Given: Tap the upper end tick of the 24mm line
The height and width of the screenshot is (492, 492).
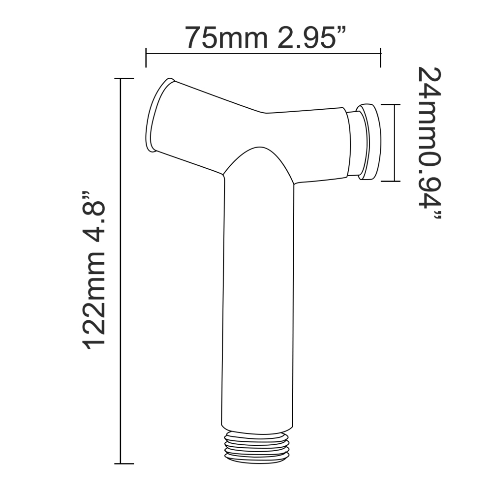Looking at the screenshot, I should click(395, 104).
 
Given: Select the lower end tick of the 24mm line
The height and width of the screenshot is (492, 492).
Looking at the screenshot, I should click(395, 181).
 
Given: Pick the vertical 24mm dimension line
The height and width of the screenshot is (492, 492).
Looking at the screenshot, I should click(395, 143).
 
